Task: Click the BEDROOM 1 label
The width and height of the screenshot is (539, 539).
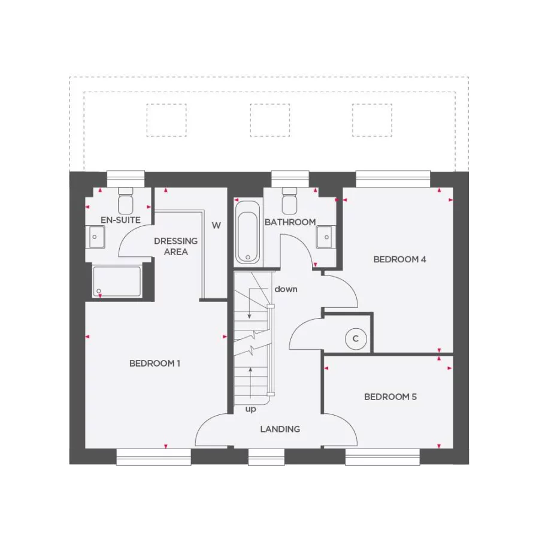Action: pos(155,364)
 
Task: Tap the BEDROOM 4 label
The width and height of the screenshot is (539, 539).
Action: pos(399,259)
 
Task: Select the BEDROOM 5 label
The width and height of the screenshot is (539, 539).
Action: pos(390,396)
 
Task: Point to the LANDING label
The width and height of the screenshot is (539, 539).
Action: pos(280,429)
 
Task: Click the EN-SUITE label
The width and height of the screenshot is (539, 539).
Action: pos(120,220)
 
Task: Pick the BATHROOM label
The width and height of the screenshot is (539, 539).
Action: pos(290,222)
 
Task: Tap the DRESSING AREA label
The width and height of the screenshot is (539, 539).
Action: pos(175,246)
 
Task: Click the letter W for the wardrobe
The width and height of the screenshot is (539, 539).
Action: pos(216,226)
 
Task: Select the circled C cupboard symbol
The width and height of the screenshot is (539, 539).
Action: pos(355,339)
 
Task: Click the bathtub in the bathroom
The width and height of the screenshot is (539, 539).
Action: pos(247,232)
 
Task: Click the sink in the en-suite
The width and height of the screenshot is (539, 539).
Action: pos(96,237)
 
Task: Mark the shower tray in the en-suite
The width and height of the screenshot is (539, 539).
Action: pos(117,282)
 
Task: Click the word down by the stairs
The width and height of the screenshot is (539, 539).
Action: pos(286,289)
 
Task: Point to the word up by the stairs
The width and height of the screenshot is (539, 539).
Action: pos(250,410)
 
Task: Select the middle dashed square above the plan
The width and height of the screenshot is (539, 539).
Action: pos(269,120)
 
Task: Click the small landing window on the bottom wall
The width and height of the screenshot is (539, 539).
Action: pos(267,458)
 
